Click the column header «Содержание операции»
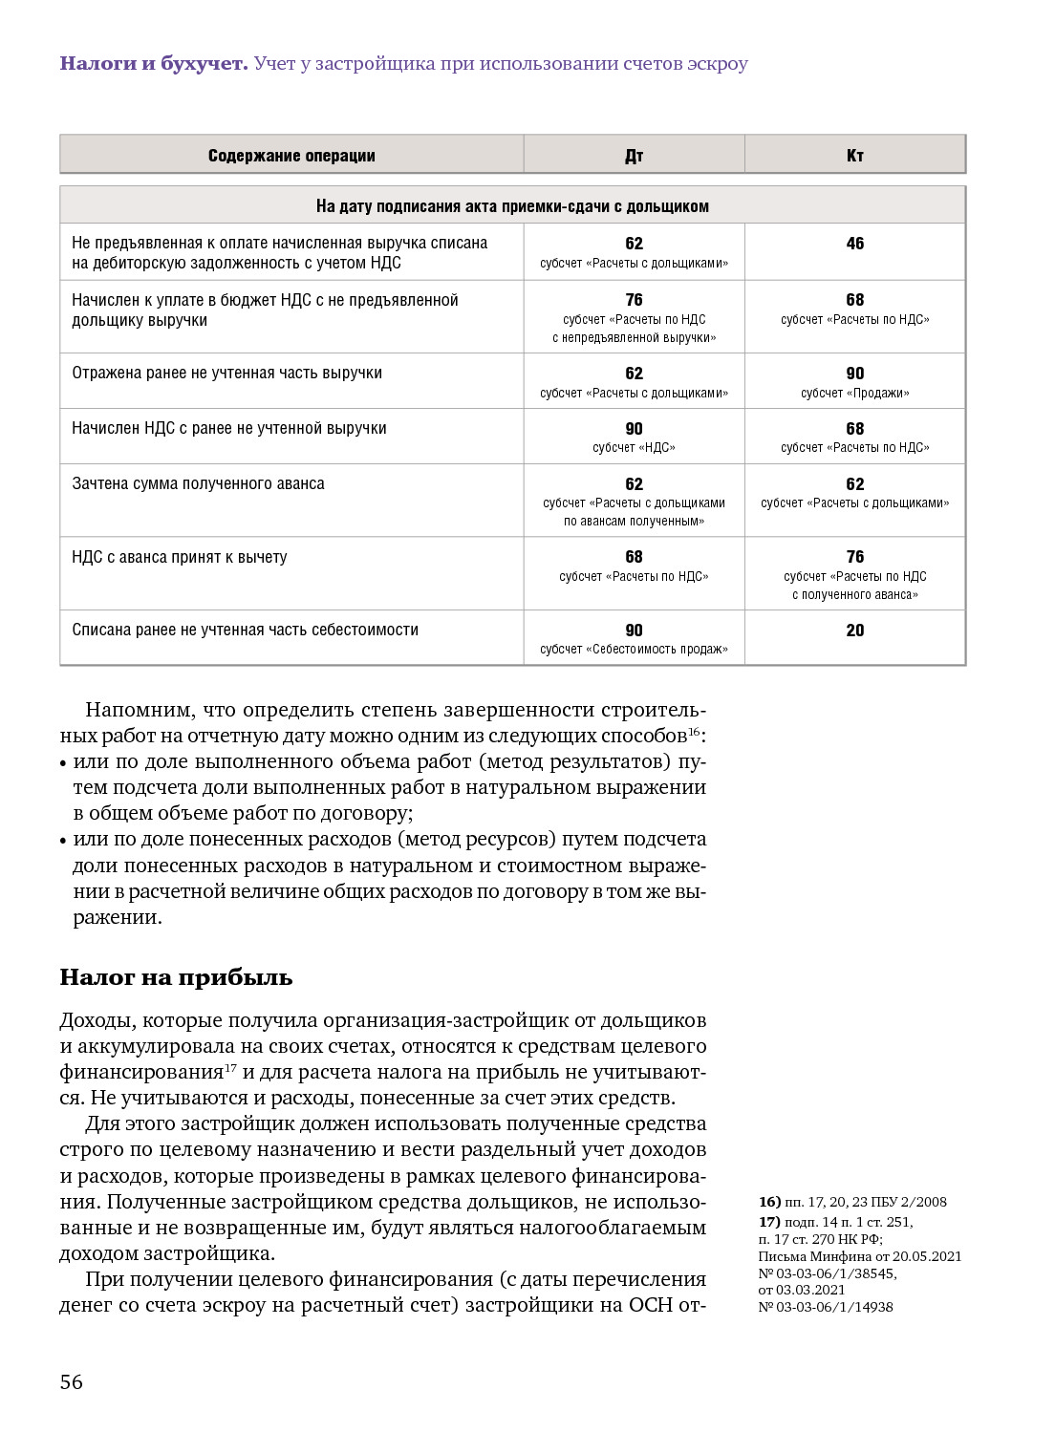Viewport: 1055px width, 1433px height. pos(291,156)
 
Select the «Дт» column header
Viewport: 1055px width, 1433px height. pos(634,156)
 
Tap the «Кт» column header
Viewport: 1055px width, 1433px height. pos(854,156)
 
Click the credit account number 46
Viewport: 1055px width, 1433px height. pos(854,244)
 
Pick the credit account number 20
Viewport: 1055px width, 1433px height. pos(854,631)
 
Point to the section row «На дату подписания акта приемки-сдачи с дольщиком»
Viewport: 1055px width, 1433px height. pos(512,206)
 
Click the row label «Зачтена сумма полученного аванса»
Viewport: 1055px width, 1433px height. pos(198,484)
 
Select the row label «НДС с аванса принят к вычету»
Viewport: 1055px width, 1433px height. pos(180,557)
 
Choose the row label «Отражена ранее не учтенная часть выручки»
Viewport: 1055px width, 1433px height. pos(226,374)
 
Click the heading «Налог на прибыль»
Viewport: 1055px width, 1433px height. pos(176,977)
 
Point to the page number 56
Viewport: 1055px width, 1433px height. pos(72,1382)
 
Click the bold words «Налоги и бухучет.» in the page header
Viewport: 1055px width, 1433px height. pos(153,64)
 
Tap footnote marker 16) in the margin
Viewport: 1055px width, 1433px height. pos(769,1202)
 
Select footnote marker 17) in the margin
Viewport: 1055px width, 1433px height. pos(769,1222)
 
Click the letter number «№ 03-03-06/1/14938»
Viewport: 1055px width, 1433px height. pos(826,1307)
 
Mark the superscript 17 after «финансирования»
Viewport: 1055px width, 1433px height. pos(230,1067)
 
